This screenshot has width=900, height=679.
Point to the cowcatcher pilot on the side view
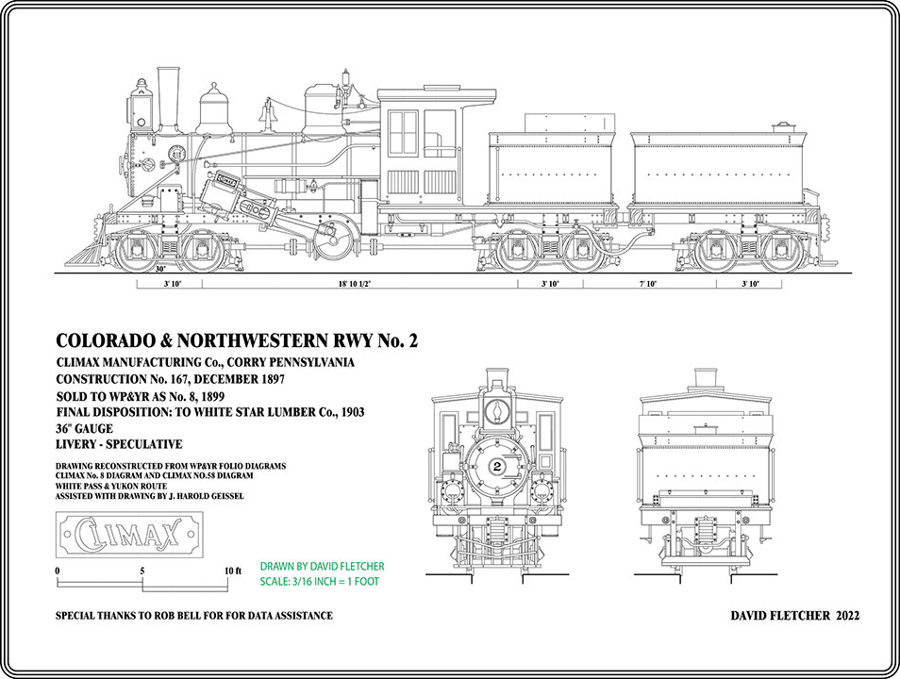(x=85, y=252)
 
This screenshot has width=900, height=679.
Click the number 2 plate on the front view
(x=496, y=467)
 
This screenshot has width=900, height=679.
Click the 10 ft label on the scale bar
(x=233, y=571)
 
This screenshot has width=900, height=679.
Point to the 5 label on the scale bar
(x=142, y=571)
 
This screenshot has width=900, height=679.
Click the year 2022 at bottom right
(x=843, y=616)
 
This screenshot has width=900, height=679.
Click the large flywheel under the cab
(x=334, y=238)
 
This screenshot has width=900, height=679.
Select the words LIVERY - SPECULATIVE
(x=119, y=444)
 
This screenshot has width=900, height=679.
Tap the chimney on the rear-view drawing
(x=706, y=377)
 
